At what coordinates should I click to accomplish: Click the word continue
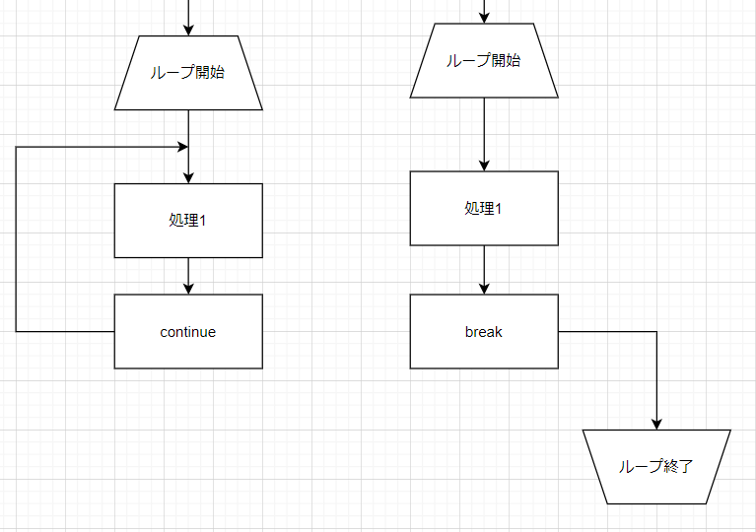point(188,332)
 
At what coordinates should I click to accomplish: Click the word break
point(484,332)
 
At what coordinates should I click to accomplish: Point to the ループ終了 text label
point(656,466)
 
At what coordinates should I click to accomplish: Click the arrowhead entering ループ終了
point(656,424)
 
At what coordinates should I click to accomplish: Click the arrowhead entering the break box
point(484,288)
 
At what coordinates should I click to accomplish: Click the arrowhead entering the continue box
point(188,288)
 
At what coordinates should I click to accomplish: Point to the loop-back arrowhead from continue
point(182,147)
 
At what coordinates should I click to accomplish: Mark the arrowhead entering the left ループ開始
point(188,30)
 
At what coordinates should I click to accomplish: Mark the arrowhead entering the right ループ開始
point(484,19)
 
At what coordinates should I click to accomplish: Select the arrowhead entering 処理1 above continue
point(188,177)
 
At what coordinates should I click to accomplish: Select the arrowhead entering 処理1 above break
point(484,165)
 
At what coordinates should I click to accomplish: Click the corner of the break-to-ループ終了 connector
point(656,332)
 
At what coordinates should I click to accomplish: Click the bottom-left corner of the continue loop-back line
point(16,332)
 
